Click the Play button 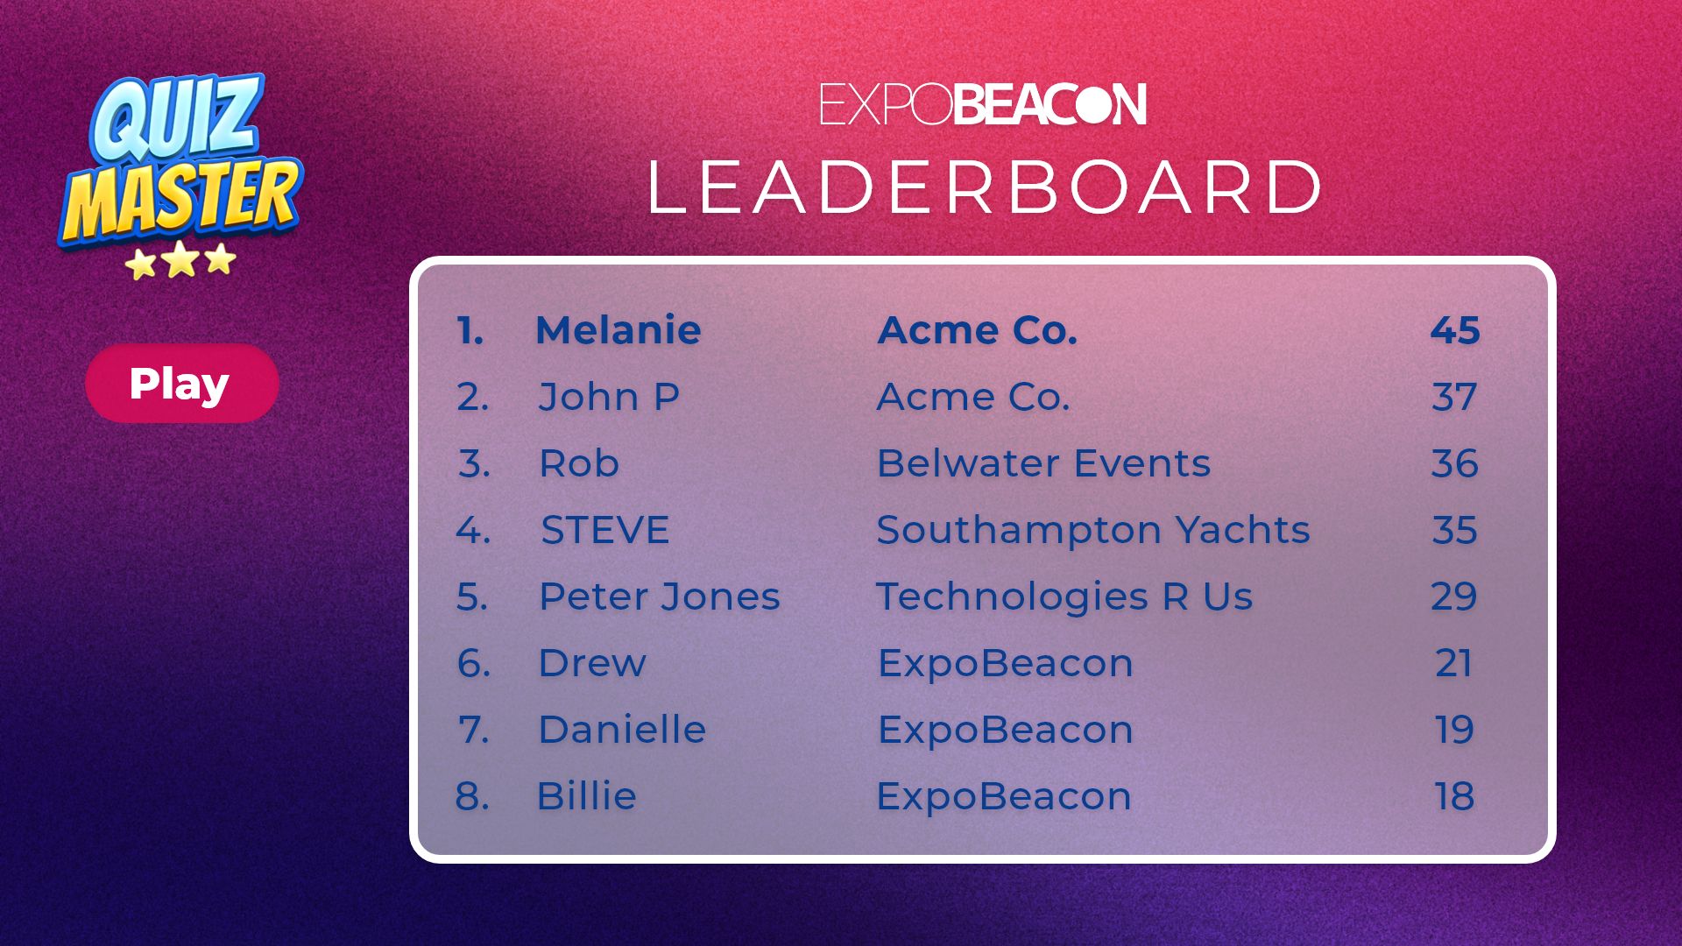click(x=182, y=383)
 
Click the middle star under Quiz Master click(x=180, y=259)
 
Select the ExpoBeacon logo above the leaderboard click(x=983, y=104)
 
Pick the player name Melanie click(x=618, y=330)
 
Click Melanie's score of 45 click(x=1455, y=330)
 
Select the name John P click(x=609, y=397)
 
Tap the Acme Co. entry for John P click(x=973, y=397)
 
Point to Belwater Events click(x=1043, y=463)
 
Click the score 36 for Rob click(x=1455, y=463)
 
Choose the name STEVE click(x=605, y=530)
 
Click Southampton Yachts click(x=1093, y=530)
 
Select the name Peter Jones click(x=659, y=597)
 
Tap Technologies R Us click(x=1064, y=597)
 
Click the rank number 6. click(x=473, y=663)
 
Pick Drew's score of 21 click(x=1453, y=663)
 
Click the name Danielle click(x=622, y=730)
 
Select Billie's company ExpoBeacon click(x=1004, y=796)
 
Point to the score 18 click(x=1454, y=796)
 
